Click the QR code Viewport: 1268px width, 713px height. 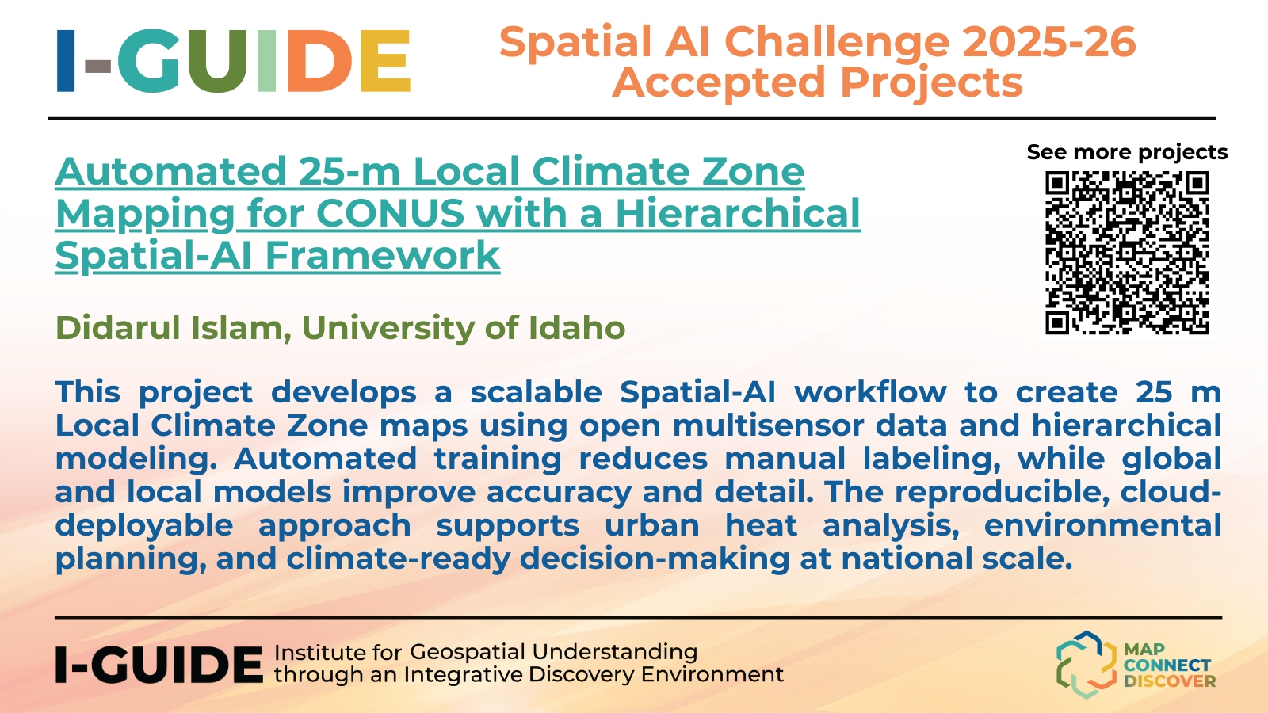pyautogui.click(x=1127, y=253)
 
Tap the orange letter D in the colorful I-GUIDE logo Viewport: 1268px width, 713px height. pyautogui.click(x=320, y=60)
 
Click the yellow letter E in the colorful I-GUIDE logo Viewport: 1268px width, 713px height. pyautogui.click(x=385, y=60)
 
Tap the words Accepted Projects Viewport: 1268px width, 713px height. pyautogui.click(x=818, y=83)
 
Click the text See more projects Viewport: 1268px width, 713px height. pyautogui.click(x=1127, y=152)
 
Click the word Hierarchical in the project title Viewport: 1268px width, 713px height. pyautogui.click(x=738, y=213)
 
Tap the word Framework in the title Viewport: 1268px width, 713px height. pyautogui.click(x=383, y=256)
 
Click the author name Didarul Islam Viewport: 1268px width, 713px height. pyautogui.click(x=174, y=328)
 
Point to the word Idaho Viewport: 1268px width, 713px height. pyautogui.click(x=577, y=328)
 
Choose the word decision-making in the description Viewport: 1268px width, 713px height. pyautogui.click(x=655, y=559)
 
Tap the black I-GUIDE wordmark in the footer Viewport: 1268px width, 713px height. pyautogui.click(x=159, y=665)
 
